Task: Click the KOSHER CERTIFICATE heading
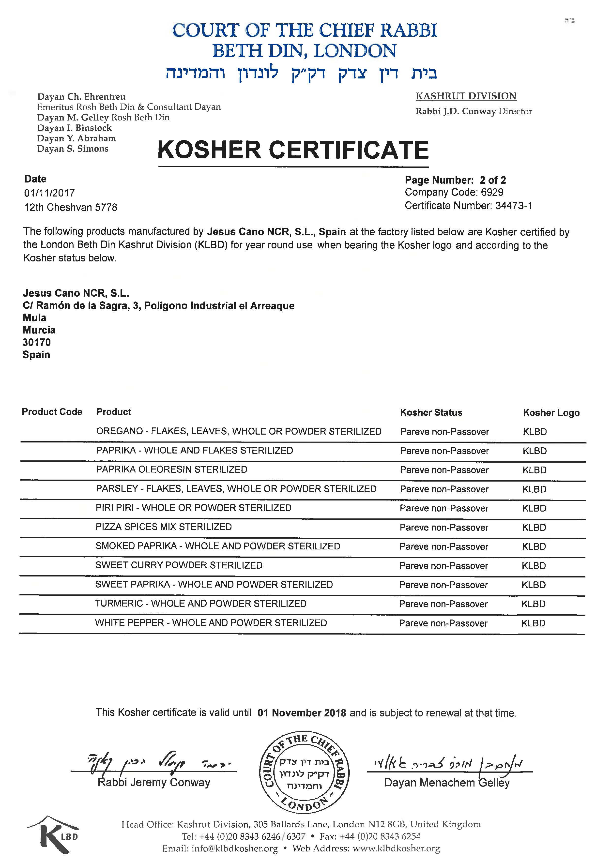tap(293, 150)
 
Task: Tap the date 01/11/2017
tap(49, 193)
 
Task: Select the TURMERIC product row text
tap(200, 604)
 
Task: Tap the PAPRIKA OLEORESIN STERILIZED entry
tap(171, 469)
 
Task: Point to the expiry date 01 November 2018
tap(302, 713)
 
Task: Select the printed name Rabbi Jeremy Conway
tap(154, 783)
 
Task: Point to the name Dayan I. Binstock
tap(75, 128)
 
